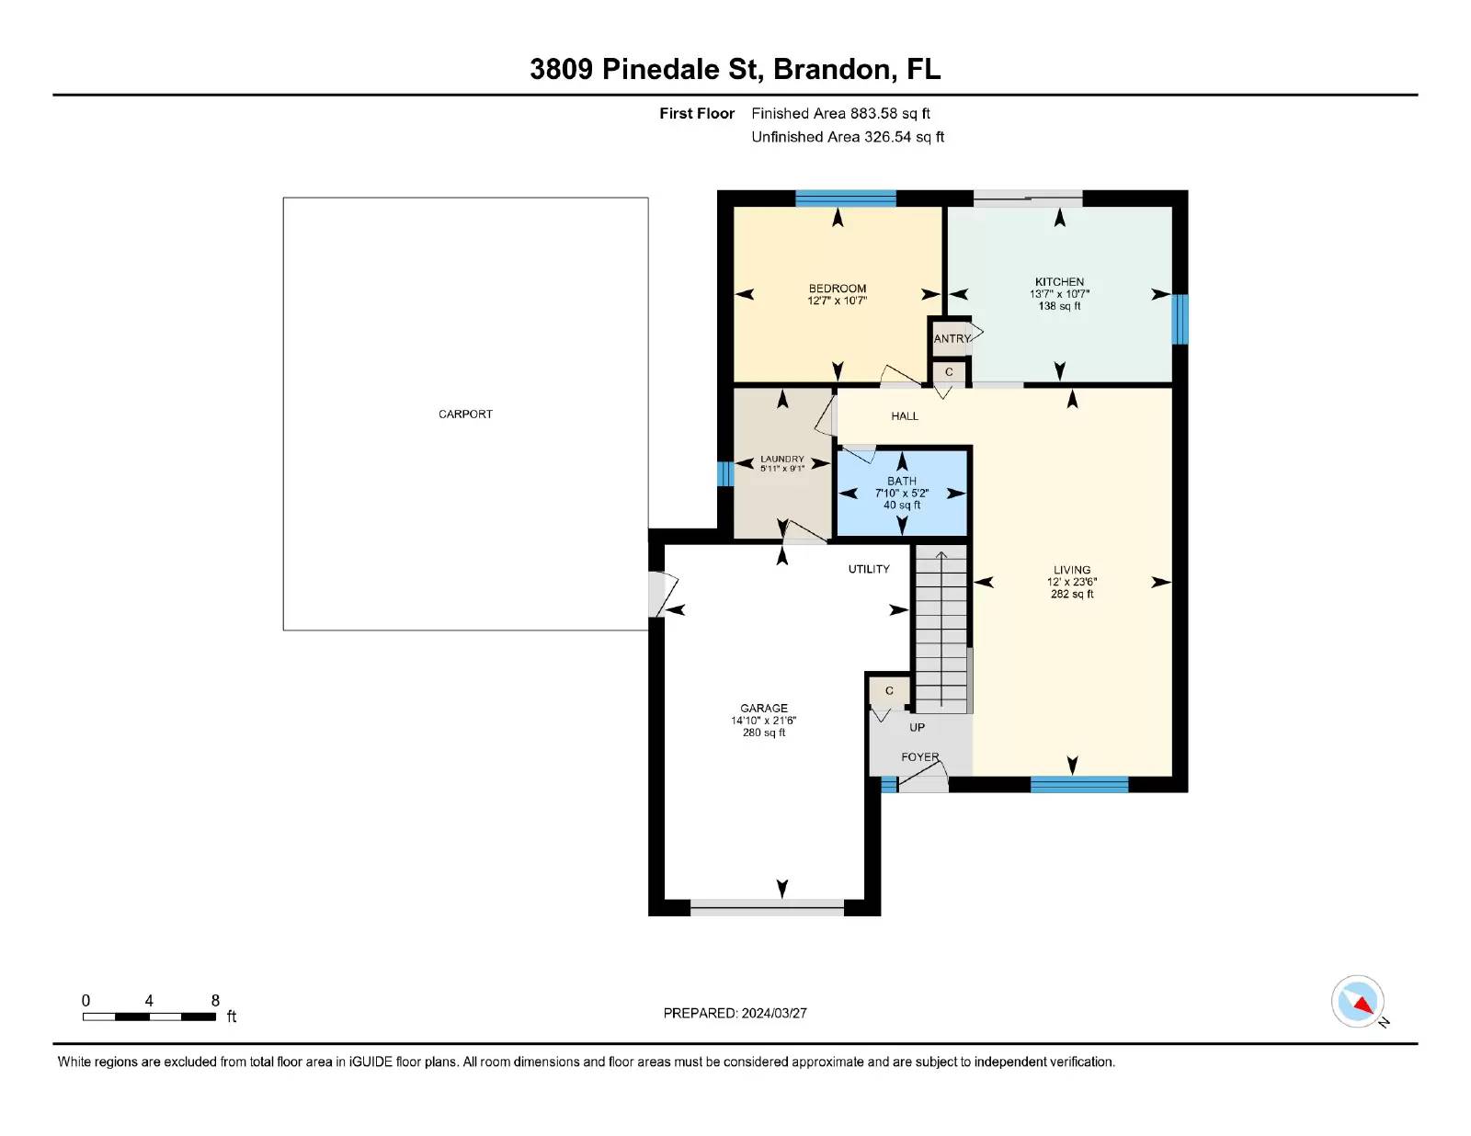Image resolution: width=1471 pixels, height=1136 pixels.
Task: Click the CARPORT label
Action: pyautogui.click(x=465, y=415)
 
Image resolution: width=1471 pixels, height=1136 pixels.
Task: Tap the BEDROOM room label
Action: pyautogui.click(x=838, y=289)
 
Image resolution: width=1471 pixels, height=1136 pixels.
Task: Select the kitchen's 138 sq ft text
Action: pyautogui.click(x=1059, y=306)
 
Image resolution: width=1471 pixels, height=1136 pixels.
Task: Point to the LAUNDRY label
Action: pyautogui.click(x=781, y=459)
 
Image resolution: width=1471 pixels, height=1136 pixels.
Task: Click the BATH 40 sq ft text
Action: pyautogui.click(x=902, y=505)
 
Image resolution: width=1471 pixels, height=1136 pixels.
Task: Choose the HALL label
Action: pyautogui.click(x=905, y=416)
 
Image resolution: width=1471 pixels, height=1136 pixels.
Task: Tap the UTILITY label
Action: pyautogui.click(x=869, y=569)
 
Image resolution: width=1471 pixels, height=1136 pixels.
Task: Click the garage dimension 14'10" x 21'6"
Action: pyautogui.click(x=764, y=721)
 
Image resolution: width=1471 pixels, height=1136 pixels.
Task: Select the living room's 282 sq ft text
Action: pyautogui.click(x=1072, y=594)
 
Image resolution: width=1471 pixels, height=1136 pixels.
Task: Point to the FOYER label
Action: pyautogui.click(x=920, y=757)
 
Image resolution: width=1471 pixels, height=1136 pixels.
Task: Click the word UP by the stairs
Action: pyautogui.click(x=917, y=727)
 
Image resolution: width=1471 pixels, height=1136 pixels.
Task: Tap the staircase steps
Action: pyautogui.click(x=941, y=629)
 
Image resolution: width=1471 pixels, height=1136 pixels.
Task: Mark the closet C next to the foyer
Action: pyautogui.click(x=889, y=691)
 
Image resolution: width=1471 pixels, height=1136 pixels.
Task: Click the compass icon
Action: pyautogui.click(x=1357, y=1002)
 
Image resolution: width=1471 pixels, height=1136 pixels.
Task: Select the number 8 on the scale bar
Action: pyautogui.click(x=215, y=1000)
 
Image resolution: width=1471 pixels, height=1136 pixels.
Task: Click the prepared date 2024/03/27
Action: pyautogui.click(x=774, y=1014)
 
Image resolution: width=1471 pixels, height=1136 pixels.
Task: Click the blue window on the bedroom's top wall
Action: pyautogui.click(x=846, y=199)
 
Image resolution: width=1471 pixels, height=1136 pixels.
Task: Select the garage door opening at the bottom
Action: pyautogui.click(x=767, y=907)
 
